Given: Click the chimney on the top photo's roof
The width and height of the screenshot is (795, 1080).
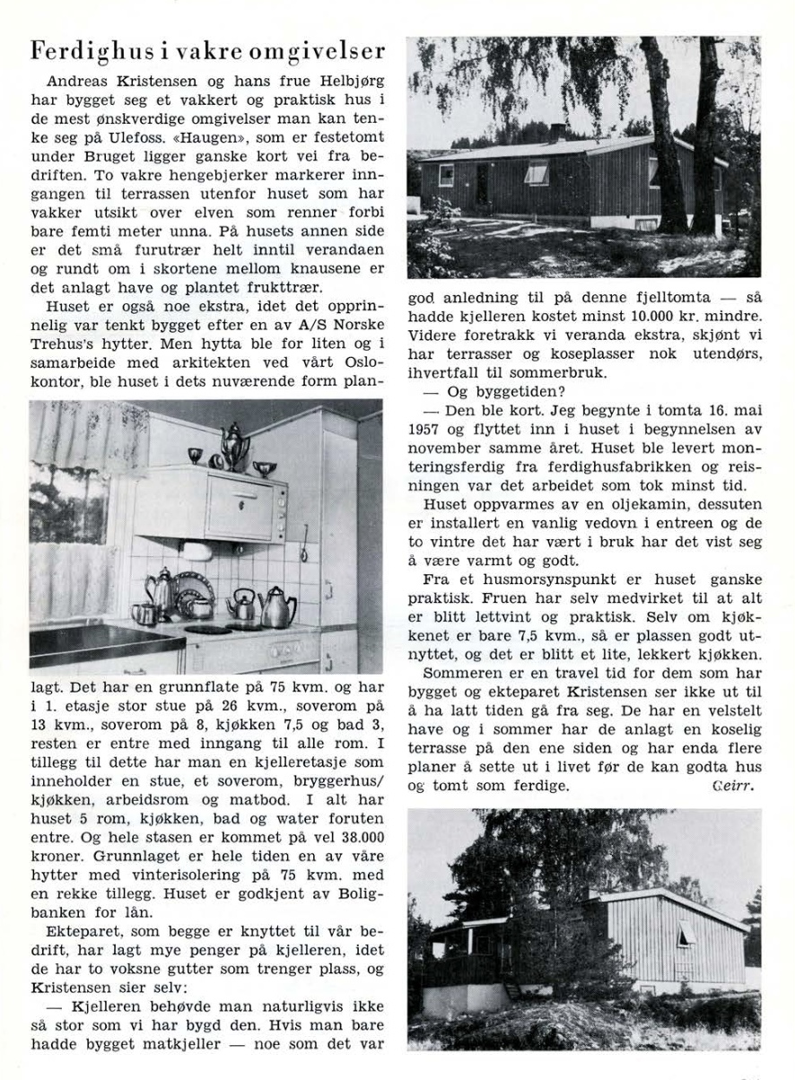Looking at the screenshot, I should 557,132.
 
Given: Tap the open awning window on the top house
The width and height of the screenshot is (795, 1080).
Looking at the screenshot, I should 537,170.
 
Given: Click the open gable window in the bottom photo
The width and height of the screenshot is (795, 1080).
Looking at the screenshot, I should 687,932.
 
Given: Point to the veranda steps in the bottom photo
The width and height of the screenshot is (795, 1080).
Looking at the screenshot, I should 512,990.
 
